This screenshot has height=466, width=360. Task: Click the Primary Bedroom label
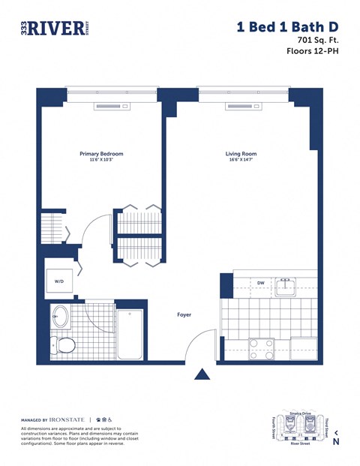point(100,154)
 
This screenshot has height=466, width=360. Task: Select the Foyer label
point(184,314)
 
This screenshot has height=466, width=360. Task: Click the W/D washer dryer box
point(59,282)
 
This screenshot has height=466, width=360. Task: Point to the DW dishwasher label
point(260,283)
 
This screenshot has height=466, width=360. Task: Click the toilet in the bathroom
point(64,346)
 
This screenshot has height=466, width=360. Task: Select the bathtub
point(130,335)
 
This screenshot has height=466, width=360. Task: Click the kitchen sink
point(284,285)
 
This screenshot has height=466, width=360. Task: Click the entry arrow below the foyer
point(202,374)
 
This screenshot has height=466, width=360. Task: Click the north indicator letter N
point(336,441)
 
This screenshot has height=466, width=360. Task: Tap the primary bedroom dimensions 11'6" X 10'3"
point(100,161)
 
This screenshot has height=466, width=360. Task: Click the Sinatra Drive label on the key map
point(298,413)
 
